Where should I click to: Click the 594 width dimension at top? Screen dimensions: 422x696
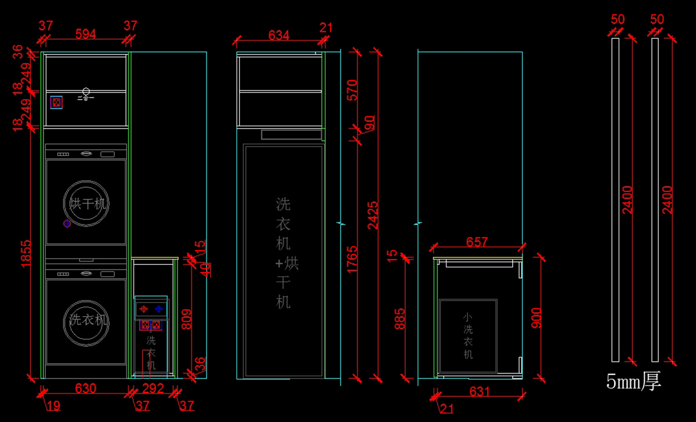[x=86, y=34]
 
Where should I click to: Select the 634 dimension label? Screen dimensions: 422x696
[x=278, y=35]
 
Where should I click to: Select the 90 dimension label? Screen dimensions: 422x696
[x=369, y=123]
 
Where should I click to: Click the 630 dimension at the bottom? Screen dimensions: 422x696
[x=86, y=388]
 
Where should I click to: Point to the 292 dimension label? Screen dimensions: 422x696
[x=153, y=388]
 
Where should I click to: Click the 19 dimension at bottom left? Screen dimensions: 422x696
[x=53, y=406]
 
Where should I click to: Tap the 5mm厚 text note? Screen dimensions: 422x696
[x=633, y=381]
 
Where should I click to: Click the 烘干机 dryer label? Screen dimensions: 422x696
[x=86, y=204]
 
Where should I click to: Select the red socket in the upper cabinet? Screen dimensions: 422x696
[x=56, y=103]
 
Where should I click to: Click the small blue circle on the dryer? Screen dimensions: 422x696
[x=67, y=223]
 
